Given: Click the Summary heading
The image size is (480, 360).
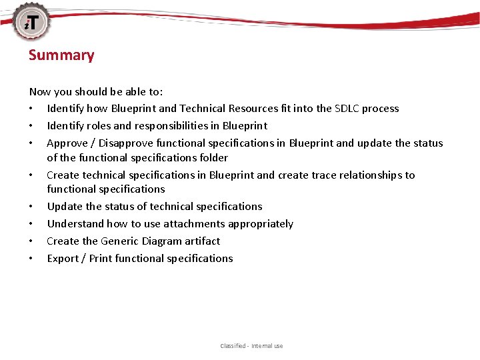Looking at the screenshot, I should (61, 55).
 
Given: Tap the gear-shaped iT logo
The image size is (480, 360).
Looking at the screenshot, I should (31, 22).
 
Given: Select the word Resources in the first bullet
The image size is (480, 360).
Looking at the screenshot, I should (251, 109).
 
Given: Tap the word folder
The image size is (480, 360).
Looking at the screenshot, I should (213, 158).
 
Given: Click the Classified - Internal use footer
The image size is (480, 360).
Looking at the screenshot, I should (251, 346).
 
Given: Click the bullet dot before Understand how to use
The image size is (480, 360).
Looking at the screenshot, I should (31, 225).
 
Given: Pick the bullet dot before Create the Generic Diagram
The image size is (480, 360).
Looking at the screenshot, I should (31, 242).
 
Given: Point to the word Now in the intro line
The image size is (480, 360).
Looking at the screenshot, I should (39, 92).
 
